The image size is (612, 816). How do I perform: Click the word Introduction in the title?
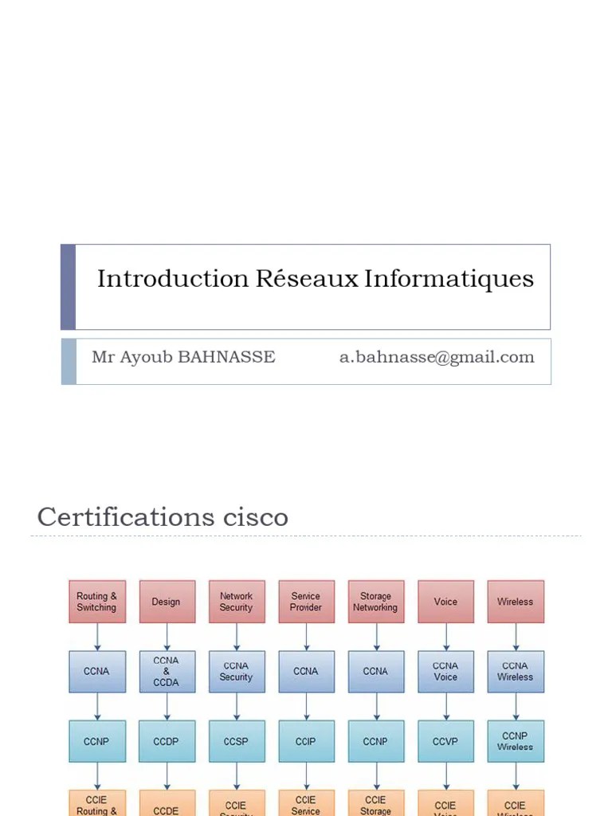[x=173, y=279]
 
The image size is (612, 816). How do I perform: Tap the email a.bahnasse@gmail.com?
[x=437, y=357]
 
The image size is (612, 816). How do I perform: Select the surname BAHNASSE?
[x=226, y=357]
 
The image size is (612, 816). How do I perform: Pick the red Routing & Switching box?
[x=97, y=602]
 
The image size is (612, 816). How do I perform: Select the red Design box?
[x=167, y=602]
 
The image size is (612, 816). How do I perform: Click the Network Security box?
[x=237, y=602]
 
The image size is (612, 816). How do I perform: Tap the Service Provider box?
[x=306, y=602]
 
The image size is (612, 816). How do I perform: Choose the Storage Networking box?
[x=375, y=602]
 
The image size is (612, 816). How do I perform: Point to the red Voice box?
[x=445, y=602]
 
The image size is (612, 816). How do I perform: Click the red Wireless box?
[x=516, y=602]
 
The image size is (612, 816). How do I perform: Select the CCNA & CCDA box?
[x=167, y=671]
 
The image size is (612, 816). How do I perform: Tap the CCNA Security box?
[x=237, y=671]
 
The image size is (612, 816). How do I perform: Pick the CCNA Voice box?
[x=445, y=671]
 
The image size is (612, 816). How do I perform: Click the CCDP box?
[x=167, y=741]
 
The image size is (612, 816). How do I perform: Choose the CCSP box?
[x=237, y=741]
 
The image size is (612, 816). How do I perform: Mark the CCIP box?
[x=306, y=741]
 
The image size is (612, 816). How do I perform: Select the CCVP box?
[x=445, y=741]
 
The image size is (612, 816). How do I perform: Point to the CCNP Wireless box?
[x=516, y=741]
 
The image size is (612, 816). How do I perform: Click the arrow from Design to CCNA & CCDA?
[x=167, y=637]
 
